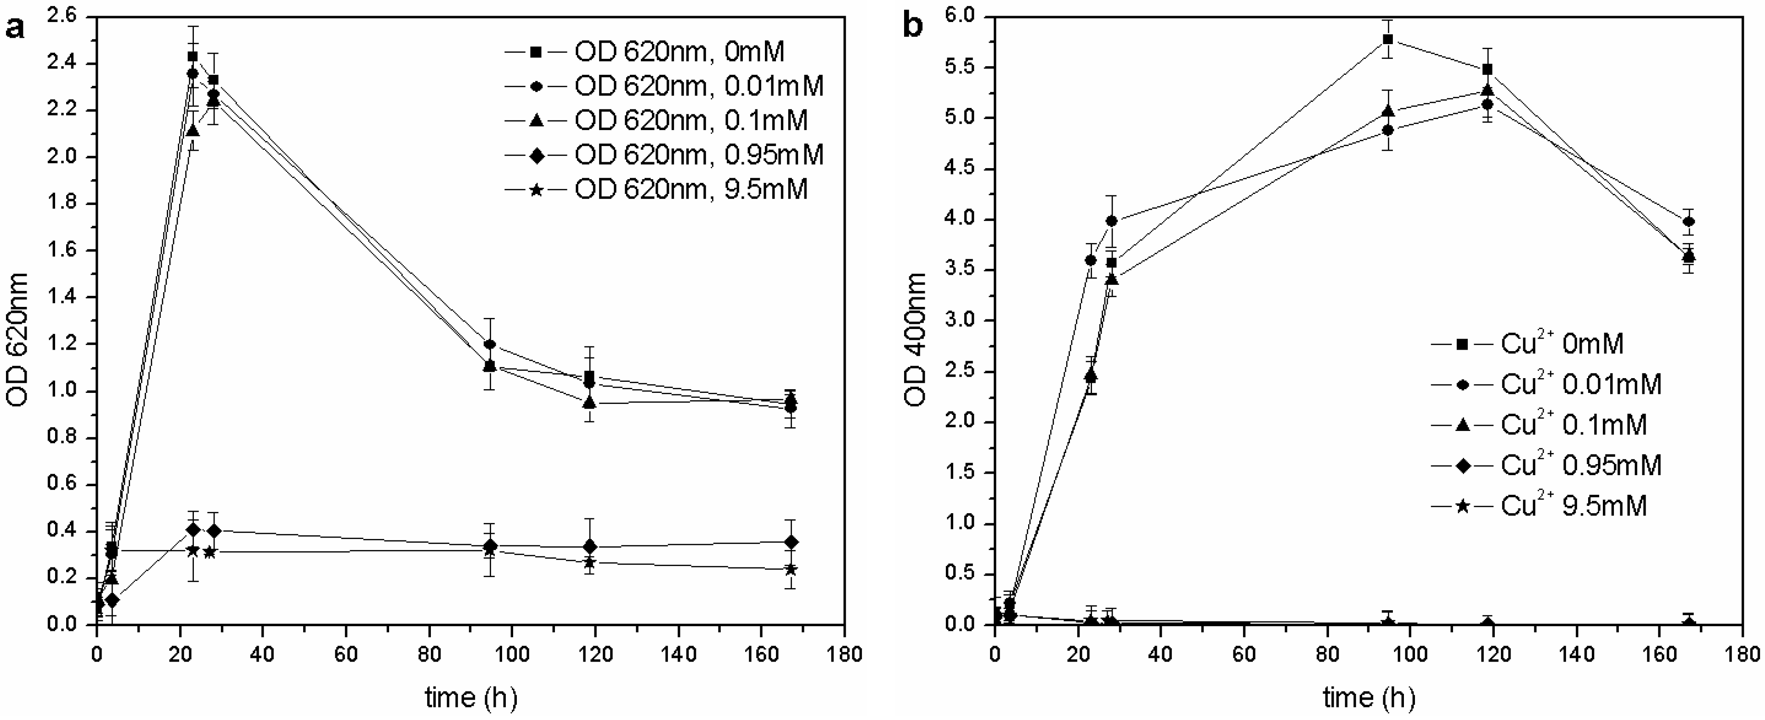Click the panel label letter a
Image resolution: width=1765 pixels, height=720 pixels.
point(15,29)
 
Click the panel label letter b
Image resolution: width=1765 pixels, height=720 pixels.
point(913,26)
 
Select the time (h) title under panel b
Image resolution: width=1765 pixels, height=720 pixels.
point(1368,698)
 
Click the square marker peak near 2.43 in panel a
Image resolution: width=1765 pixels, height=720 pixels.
point(192,56)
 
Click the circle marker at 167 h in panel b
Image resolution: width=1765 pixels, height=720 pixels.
point(1689,221)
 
